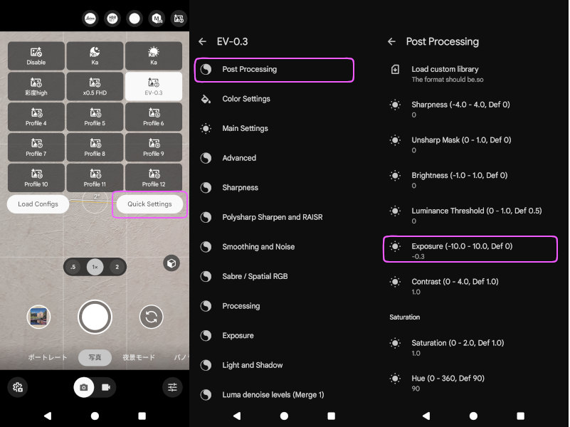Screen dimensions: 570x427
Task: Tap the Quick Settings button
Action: tap(149, 204)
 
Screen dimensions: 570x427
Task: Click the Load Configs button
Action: tap(38, 204)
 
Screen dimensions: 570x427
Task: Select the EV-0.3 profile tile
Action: tap(154, 86)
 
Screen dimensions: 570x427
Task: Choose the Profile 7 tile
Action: tap(36, 147)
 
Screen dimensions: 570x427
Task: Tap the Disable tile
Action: tap(36, 56)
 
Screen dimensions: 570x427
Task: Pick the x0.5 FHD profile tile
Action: tap(95, 86)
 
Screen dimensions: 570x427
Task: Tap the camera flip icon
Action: tap(152, 317)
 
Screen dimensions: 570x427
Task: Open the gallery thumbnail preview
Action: tap(38, 317)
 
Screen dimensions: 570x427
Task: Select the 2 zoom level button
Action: tap(117, 267)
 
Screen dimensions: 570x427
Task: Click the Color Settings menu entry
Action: tap(246, 99)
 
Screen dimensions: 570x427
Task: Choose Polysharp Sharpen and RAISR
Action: tap(273, 217)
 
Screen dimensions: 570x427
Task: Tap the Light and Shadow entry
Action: tap(253, 365)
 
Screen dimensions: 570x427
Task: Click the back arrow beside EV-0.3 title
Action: tap(203, 42)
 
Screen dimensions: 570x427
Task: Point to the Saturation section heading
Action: tap(405, 317)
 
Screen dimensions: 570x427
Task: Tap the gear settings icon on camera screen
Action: tap(18, 387)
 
